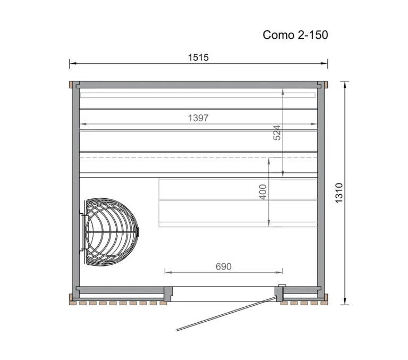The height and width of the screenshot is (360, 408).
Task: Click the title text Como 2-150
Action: coord(295,35)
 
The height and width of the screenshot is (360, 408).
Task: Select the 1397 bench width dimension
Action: coord(198,118)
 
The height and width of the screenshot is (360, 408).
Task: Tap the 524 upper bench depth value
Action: coord(277,132)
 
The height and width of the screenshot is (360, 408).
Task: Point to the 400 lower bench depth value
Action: coord(263,192)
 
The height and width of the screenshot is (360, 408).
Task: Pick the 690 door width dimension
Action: coord(224,266)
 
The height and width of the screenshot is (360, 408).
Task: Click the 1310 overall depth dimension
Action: coord(339,192)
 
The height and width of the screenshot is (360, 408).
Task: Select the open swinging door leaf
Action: coord(226,313)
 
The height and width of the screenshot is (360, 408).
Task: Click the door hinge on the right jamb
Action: coord(282,287)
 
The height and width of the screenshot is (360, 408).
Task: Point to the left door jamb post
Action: coord(168,292)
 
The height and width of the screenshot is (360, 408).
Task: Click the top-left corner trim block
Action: coord(71,84)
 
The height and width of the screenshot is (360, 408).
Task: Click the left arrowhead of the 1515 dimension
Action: coord(71,64)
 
